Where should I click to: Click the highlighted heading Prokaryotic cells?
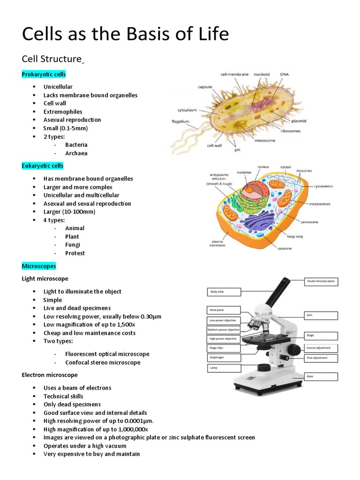44,75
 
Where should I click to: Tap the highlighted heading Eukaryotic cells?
43,166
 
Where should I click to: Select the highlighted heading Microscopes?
39,266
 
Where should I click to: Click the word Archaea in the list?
76,153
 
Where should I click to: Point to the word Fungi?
73,245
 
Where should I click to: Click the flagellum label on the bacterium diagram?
180,121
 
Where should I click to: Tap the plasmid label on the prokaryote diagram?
299,120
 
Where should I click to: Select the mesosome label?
265,139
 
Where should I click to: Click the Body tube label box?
224,292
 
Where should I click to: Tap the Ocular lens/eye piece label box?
321,282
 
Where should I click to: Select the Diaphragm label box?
224,358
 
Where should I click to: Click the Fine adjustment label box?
321,358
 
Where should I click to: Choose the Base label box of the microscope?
321,376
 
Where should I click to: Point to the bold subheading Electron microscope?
50,375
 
